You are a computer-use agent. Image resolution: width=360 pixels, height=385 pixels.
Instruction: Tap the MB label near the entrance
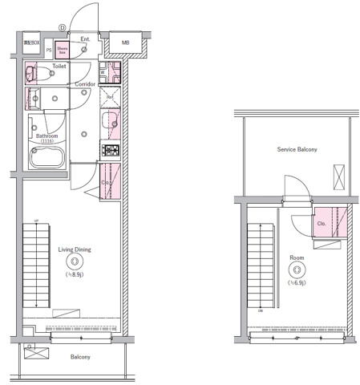click(126, 43)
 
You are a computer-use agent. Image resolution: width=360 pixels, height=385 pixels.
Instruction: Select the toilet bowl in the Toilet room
click(32, 75)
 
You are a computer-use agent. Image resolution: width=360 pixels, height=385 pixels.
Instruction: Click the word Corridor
click(85, 83)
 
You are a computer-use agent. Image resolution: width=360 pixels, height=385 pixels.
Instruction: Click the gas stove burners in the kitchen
click(110, 149)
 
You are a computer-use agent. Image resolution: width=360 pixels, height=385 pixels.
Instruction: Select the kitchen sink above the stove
click(110, 123)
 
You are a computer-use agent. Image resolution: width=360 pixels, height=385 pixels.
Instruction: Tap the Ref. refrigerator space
click(110, 97)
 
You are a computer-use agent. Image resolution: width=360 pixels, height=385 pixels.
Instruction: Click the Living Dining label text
click(75, 249)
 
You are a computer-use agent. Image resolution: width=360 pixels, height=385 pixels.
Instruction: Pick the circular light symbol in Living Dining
click(75, 261)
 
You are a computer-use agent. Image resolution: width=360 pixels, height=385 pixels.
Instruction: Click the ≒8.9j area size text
click(75, 274)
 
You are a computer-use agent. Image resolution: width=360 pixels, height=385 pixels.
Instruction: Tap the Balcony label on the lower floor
click(79, 357)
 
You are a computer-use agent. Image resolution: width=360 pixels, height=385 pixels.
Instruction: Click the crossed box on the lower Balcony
click(35, 352)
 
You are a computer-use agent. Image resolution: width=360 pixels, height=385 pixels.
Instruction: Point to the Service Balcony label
click(297, 150)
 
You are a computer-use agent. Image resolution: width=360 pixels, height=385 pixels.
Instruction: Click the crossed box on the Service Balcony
click(338, 173)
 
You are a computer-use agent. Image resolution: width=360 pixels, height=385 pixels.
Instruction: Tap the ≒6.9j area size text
click(297, 282)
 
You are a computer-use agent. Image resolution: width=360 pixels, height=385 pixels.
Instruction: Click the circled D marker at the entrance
click(62, 27)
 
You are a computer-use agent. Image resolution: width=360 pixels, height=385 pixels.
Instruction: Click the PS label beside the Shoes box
click(48, 50)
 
